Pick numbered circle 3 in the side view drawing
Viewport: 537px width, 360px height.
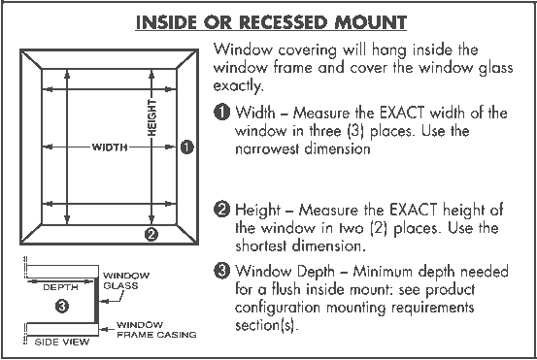pos(61,307)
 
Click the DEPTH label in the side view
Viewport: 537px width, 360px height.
pos(60,287)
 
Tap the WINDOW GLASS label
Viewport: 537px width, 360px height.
pos(127,281)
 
